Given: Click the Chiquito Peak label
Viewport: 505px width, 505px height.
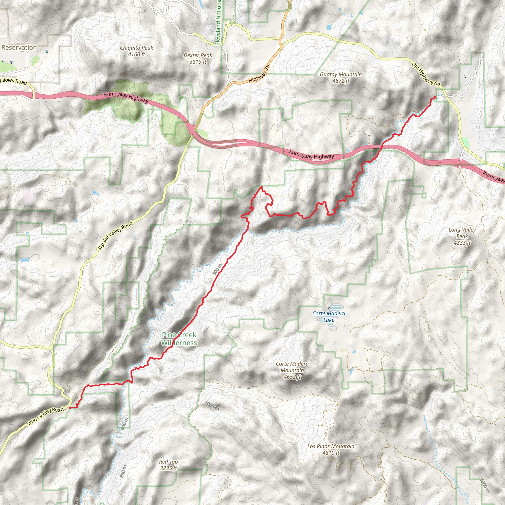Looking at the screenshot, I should click(x=136, y=51).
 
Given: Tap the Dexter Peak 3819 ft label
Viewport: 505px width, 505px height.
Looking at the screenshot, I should click(x=198, y=58).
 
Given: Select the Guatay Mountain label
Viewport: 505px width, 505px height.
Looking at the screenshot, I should click(x=341, y=78).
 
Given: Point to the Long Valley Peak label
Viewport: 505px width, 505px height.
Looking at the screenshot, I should click(x=462, y=236).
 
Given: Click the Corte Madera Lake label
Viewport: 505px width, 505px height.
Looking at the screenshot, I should click(x=328, y=317).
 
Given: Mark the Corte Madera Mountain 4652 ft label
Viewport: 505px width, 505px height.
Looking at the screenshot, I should click(x=292, y=370).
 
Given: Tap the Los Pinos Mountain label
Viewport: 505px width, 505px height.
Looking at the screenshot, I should click(x=331, y=450).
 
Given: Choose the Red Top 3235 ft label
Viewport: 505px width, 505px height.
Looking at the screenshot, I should click(x=168, y=465).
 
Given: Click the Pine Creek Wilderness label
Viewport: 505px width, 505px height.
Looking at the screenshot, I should click(x=179, y=339).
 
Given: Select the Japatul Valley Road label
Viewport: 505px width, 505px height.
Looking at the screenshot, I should click(x=115, y=235).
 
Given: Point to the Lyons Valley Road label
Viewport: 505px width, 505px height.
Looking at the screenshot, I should click(x=45, y=417).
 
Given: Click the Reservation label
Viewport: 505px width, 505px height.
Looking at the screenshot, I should click(x=19, y=48).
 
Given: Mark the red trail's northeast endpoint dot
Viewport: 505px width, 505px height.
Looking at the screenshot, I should click(x=435, y=97).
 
